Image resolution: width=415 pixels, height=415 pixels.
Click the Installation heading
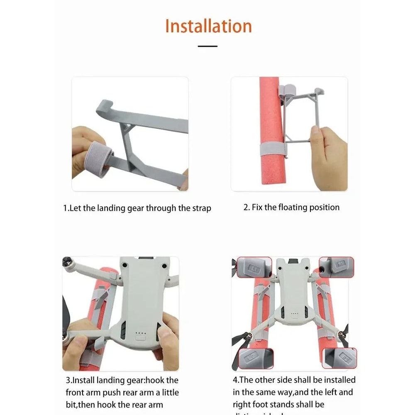(208, 26)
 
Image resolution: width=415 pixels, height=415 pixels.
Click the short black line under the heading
(207, 46)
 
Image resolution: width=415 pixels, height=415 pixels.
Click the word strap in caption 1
(200, 208)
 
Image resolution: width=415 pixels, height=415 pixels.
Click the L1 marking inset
(254, 267)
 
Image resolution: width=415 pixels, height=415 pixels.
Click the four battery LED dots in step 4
(295, 314)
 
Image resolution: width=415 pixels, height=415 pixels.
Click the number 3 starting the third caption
(68, 380)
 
